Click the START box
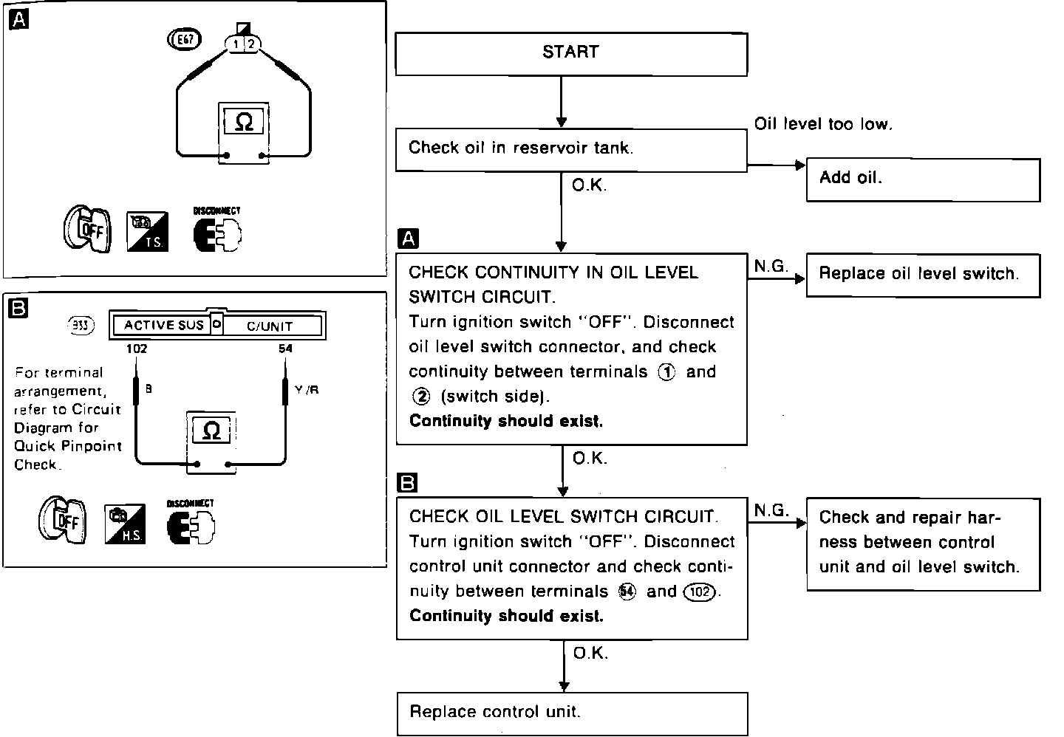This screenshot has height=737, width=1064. [x=570, y=53]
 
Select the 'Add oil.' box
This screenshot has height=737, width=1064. [x=922, y=179]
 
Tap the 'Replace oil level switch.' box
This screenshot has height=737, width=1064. [x=922, y=275]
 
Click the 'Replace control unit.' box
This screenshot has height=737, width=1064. [x=572, y=713]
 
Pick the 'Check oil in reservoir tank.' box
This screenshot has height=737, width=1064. [x=570, y=149]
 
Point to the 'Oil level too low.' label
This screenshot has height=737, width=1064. [x=823, y=124]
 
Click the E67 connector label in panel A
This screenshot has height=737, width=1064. [x=185, y=40]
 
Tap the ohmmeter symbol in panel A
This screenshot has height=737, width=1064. [x=243, y=123]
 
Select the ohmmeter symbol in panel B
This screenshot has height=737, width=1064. [x=211, y=431]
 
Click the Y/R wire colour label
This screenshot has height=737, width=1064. [x=307, y=389]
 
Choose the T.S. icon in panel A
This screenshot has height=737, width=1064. [x=147, y=232]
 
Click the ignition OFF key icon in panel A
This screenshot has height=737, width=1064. [x=87, y=230]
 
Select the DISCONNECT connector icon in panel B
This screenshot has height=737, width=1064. [x=191, y=524]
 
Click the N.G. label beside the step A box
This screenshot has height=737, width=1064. [x=771, y=267]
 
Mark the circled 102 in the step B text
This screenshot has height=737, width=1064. [x=700, y=592]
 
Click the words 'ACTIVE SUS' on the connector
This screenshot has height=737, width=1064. [x=163, y=325]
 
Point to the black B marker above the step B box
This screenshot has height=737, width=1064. [x=407, y=483]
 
